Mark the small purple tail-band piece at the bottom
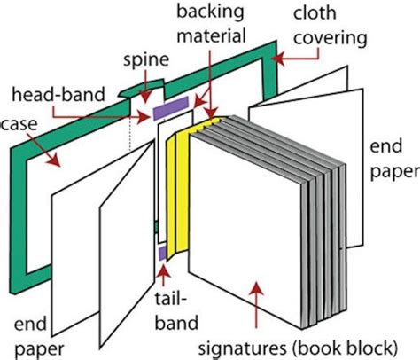pos(162,254)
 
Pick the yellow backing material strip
pos(183,186)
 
